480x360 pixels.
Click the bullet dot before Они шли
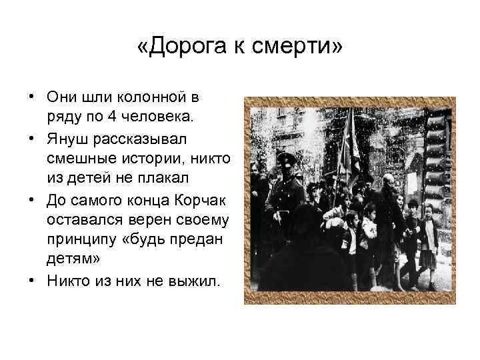click(31, 96)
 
